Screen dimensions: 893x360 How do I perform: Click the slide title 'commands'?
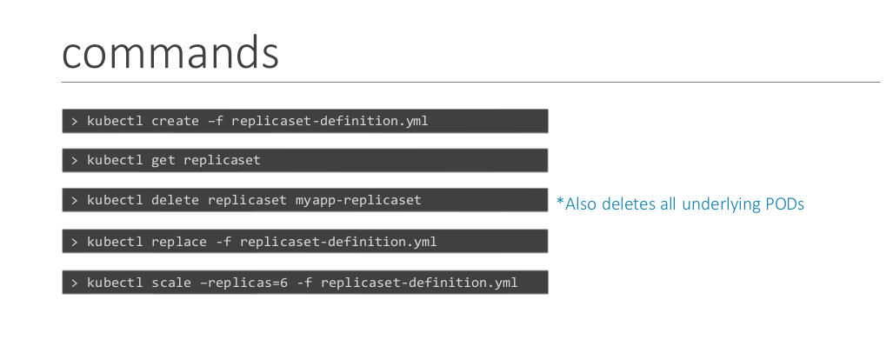coord(170,52)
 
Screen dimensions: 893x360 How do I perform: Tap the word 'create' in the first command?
coord(175,121)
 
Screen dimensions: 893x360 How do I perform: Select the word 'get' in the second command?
coord(163,161)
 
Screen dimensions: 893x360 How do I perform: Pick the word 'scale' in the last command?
coord(170,283)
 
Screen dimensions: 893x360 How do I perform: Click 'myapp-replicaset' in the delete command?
coord(359,201)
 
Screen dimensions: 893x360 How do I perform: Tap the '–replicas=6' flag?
coord(243,283)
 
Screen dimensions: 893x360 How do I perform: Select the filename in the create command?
coord(330,121)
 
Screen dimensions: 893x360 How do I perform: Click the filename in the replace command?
coord(338,242)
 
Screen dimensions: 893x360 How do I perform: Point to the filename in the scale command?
coord(419,283)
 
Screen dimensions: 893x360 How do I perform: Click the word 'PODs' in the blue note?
coord(783,203)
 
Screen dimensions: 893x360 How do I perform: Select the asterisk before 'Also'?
coord(560,201)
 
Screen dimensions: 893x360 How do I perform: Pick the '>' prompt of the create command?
coord(75,121)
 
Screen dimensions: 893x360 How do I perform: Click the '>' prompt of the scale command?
coord(75,283)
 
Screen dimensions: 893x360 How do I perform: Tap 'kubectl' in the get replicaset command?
coord(115,160)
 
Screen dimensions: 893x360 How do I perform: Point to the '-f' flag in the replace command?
coord(223,242)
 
